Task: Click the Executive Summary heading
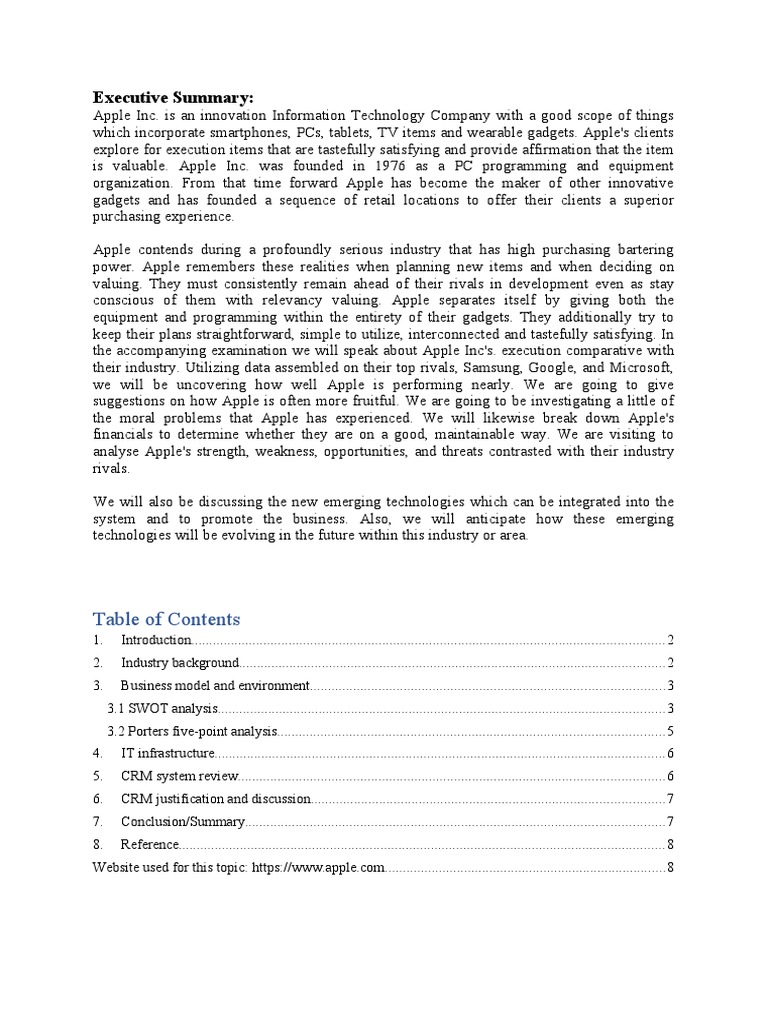click(173, 97)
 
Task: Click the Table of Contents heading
click(166, 618)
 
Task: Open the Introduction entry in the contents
click(156, 640)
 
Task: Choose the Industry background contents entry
click(180, 663)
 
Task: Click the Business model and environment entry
click(215, 686)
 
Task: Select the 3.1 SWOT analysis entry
click(161, 709)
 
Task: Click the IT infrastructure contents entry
click(167, 754)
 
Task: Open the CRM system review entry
click(180, 777)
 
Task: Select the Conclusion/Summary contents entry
click(182, 822)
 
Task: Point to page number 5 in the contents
click(670, 731)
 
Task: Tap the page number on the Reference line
click(670, 845)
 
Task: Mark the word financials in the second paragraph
click(126, 436)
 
